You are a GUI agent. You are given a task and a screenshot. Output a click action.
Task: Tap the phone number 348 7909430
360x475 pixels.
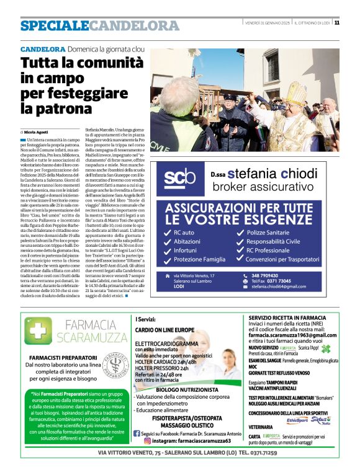(266, 275)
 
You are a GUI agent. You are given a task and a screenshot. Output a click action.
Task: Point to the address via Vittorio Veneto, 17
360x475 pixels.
(194, 275)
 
